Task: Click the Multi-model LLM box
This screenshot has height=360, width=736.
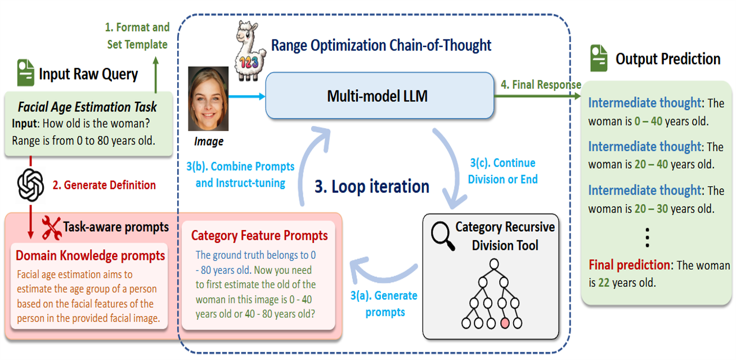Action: point(378,96)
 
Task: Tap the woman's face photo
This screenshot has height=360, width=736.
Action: point(208,99)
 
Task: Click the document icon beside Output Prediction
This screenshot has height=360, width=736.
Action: point(599,58)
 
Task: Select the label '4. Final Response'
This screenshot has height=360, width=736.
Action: point(541,85)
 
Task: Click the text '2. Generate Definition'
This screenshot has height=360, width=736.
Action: point(104,185)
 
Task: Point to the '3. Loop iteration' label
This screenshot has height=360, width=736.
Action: point(371,186)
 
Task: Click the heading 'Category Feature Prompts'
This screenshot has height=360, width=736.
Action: point(259,235)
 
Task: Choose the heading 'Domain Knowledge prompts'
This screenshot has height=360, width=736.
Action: point(90,256)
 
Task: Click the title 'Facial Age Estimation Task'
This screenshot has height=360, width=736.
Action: point(87,107)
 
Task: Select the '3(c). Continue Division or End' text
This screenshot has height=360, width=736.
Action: point(504,171)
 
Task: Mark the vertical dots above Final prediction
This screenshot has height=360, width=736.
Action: point(647,238)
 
